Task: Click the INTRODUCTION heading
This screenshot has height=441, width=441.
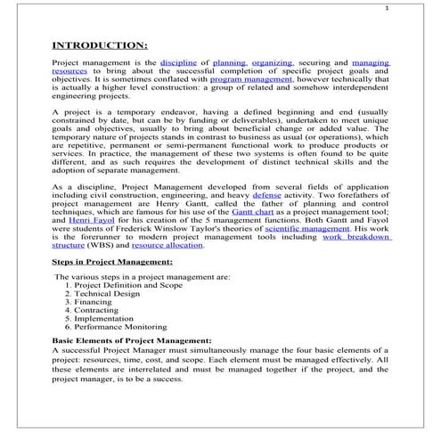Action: (100, 45)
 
